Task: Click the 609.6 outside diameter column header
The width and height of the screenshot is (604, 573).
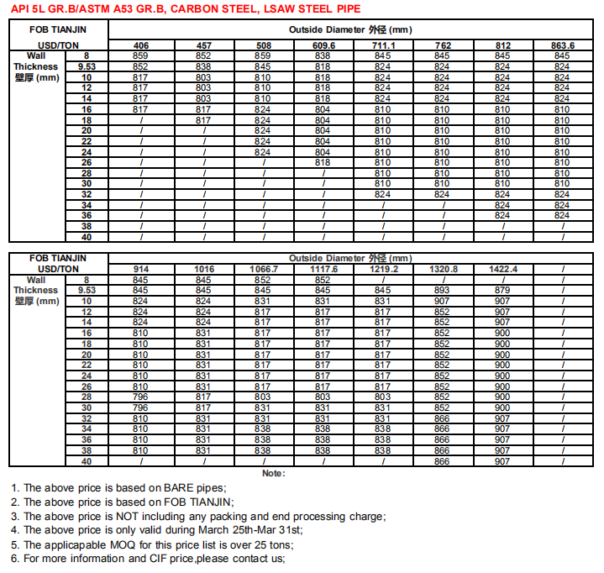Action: pyautogui.click(x=323, y=45)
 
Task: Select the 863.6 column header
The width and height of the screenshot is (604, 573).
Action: pyautogui.click(x=562, y=45)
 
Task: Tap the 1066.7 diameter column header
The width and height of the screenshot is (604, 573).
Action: pyautogui.click(x=263, y=270)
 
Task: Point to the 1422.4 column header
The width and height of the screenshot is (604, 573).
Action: pyautogui.click(x=502, y=270)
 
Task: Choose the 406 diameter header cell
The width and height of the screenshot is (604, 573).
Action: pyautogui.click(x=141, y=45)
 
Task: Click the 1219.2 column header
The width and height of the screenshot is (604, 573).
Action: pyautogui.click(x=382, y=270)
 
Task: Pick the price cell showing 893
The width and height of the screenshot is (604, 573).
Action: pyautogui.click(x=442, y=290)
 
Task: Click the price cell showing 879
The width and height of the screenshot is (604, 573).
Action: pyautogui.click(x=502, y=290)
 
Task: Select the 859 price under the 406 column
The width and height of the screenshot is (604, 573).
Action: pyautogui.click(x=141, y=55)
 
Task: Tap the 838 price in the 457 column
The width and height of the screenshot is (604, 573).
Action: pyautogui.click(x=203, y=66)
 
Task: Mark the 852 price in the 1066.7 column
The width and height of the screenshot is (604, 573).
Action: pyautogui.click(x=263, y=280)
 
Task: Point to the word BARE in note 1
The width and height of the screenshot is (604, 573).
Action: pyautogui.click(x=180, y=487)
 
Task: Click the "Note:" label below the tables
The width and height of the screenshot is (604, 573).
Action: pyautogui.click(x=273, y=473)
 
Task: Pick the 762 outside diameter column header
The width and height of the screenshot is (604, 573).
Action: pyautogui.click(x=443, y=45)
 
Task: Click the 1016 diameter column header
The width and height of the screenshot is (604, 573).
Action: pyautogui.click(x=203, y=270)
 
